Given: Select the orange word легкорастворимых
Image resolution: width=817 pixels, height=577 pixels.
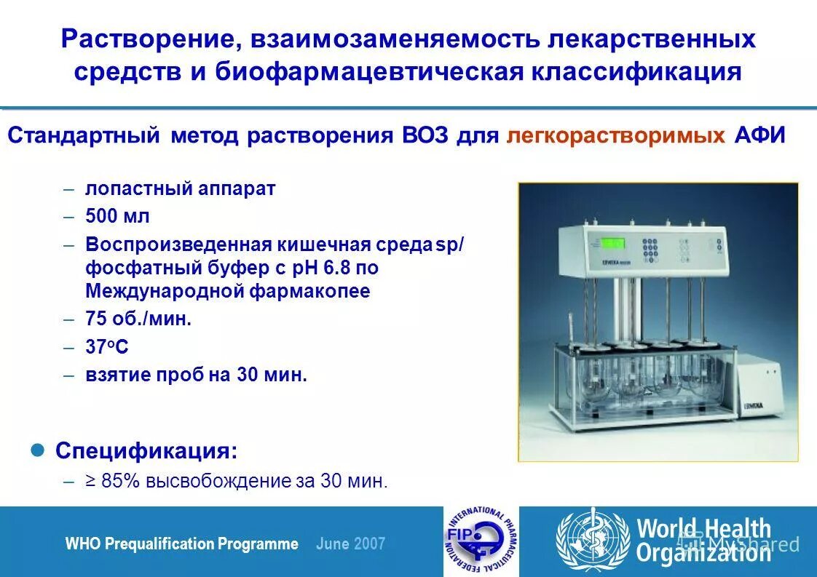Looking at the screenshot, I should [x=615, y=136].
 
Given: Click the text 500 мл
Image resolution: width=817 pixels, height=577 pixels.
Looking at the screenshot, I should [x=117, y=216].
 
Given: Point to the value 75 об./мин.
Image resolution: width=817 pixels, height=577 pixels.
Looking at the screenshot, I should [x=138, y=319].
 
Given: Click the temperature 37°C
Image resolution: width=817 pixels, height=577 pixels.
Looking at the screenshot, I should [x=106, y=347].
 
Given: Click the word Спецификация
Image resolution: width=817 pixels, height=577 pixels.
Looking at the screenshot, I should [x=146, y=450].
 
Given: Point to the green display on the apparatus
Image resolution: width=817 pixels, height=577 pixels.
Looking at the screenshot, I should [x=612, y=244].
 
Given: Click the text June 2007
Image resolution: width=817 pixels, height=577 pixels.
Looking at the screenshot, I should [x=351, y=544].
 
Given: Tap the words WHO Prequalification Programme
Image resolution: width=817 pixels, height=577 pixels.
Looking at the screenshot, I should [x=182, y=544].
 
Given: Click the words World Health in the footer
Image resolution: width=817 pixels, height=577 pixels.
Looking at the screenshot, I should [x=703, y=528].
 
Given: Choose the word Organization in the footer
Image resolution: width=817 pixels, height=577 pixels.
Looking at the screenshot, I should [x=703, y=553].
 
